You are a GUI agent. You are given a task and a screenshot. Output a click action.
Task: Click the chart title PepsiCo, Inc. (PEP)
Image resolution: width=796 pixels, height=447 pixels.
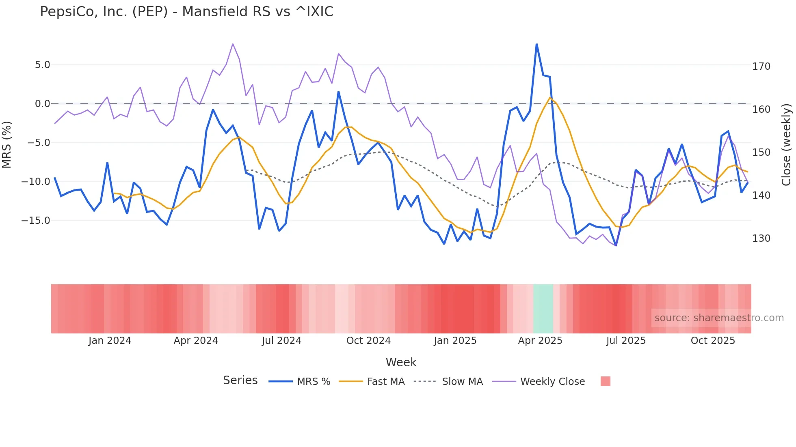(186, 12)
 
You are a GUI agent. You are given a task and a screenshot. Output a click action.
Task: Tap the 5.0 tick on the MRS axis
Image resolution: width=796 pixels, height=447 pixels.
(42, 65)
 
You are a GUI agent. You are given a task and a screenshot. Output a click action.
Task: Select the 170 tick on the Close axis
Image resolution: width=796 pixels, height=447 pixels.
(761, 66)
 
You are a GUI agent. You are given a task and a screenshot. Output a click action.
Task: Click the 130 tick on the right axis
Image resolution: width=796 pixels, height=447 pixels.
(761, 239)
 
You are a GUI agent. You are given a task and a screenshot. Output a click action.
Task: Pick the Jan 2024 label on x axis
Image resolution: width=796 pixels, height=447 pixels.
(110, 341)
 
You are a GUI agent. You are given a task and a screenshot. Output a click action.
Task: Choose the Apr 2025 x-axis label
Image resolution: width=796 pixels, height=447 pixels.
(540, 341)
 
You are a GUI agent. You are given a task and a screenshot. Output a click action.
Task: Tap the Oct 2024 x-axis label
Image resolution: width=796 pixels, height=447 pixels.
(368, 341)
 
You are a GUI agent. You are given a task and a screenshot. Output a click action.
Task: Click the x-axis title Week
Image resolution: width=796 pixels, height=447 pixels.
(401, 362)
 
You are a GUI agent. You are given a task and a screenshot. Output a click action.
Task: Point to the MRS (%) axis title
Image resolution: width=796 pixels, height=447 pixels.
(7, 144)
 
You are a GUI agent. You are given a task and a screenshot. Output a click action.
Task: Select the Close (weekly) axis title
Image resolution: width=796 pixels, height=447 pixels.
(787, 144)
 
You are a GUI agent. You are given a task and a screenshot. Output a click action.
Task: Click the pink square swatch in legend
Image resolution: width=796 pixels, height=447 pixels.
(605, 381)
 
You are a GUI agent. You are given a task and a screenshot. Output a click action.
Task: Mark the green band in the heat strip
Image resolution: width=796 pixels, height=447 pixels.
(543, 309)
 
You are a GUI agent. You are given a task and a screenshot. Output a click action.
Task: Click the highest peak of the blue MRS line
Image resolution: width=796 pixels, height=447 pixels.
(536, 44)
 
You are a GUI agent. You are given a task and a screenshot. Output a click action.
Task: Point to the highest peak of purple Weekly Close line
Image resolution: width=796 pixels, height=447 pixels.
(233, 44)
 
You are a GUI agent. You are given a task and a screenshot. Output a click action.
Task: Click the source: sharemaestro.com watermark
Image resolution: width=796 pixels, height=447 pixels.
(719, 318)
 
